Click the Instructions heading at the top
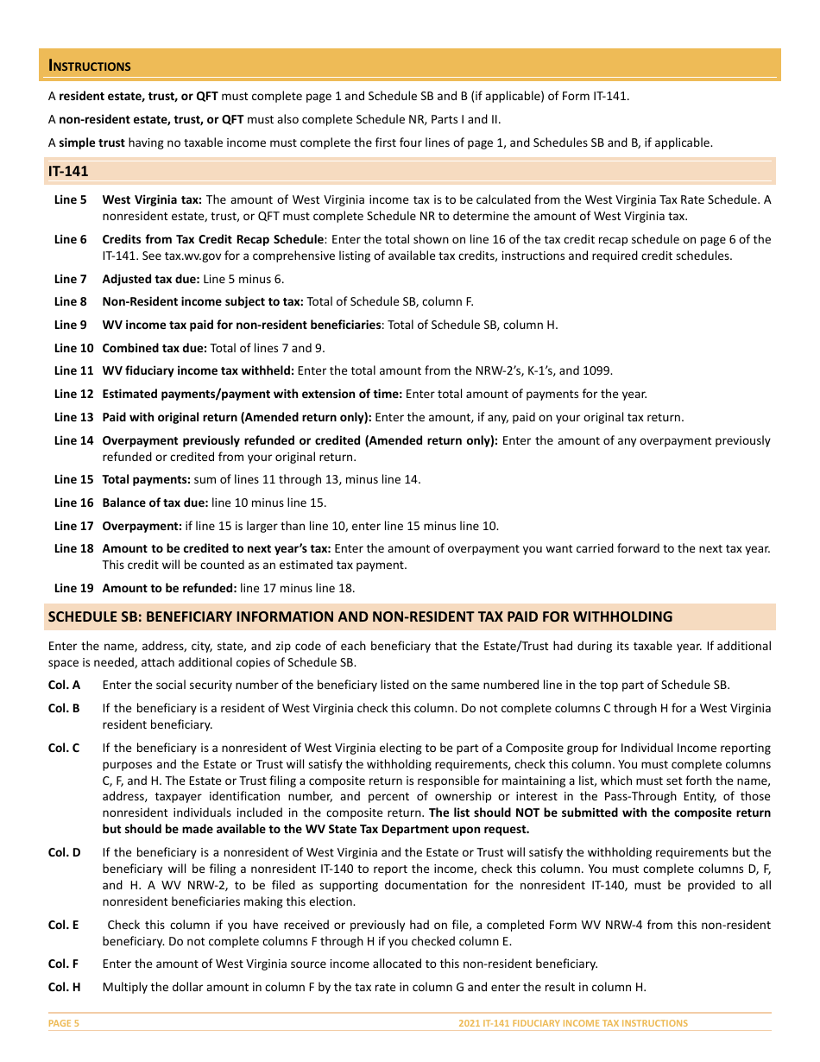click(90, 66)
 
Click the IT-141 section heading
click(68, 172)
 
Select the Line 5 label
click(71, 199)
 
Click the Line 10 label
click(73, 348)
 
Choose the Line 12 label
click(73, 394)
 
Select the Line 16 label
click(73, 503)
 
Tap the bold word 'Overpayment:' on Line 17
click(142, 526)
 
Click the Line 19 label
click(73, 588)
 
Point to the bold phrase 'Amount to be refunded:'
click(169, 588)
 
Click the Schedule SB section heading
click(360, 616)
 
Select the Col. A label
click(64, 685)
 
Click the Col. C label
click(64, 748)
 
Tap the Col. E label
click(63, 925)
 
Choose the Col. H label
click(64, 987)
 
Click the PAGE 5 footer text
click(64, 1023)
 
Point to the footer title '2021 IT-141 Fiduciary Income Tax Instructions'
click(573, 1023)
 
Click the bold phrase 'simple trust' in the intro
click(91, 142)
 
